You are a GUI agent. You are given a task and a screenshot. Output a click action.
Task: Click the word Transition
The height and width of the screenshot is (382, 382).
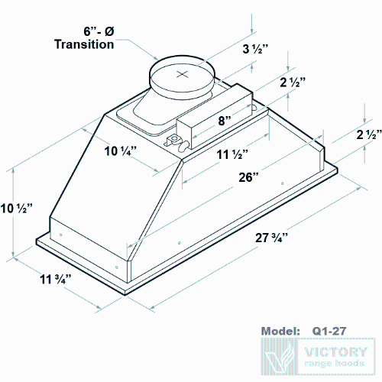84,44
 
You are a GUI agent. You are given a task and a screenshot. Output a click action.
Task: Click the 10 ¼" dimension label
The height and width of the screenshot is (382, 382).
120,151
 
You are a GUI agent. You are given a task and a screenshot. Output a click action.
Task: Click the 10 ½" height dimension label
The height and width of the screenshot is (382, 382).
15,208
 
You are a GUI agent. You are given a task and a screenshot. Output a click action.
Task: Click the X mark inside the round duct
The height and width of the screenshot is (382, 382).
182,74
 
